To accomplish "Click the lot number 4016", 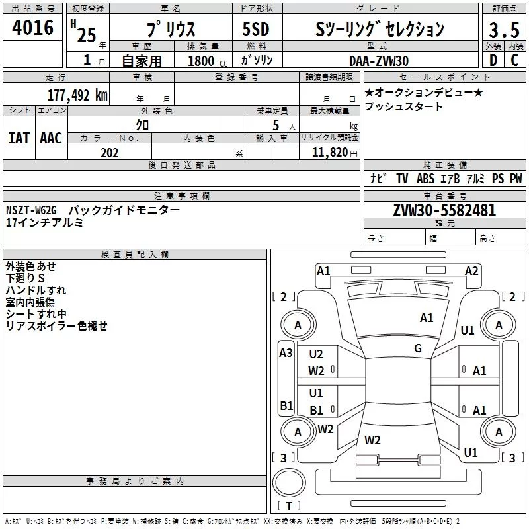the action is (x=33, y=28).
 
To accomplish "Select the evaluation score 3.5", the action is (x=504, y=30).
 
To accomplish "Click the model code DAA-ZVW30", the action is (x=379, y=61).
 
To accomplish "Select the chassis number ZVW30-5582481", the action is (x=444, y=210).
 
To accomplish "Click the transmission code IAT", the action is (x=19, y=138).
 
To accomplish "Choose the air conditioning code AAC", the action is (x=51, y=138).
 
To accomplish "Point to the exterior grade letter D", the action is (x=493, y=61).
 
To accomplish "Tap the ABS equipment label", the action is (x=425, y=179).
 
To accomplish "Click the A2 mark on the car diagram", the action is (x=471, y=270).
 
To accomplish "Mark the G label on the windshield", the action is (x=418, y=348).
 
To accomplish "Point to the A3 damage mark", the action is (x=286, y=353).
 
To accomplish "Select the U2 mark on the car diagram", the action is (x=316, y=354).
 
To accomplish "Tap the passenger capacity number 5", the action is (x=275, y=124).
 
